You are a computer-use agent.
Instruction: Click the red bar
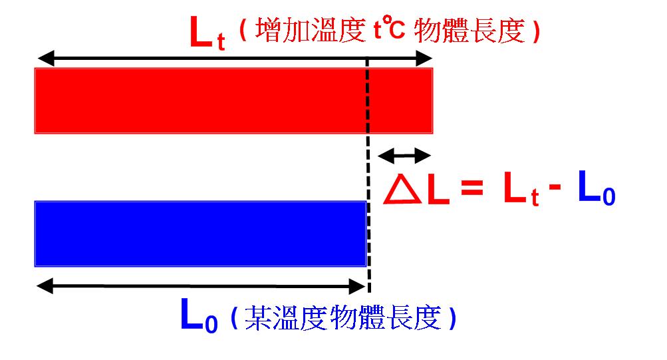pos(233,101)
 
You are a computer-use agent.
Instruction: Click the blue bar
pos(200,234)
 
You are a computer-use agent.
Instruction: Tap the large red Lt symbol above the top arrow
pos(207,33)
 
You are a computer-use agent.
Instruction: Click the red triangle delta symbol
pos(402,189)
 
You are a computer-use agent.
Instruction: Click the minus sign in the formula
pos(555,187)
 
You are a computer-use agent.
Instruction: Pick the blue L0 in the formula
pos(597,188)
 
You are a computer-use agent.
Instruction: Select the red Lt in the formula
pos(521,189)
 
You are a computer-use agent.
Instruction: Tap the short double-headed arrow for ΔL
pos(404,156)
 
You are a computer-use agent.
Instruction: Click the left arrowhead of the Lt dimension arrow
pos(46,59)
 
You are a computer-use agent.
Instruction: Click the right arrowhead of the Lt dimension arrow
pos(424,59)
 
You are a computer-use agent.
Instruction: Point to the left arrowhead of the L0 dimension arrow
pos(45,286)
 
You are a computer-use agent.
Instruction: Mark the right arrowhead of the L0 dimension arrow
pos(357,286)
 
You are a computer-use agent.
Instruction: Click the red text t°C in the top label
pos(389,28)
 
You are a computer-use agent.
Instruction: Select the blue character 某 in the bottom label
pos(258,317)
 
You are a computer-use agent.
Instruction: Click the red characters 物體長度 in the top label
pos(469,31)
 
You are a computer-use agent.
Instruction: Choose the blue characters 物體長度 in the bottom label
pos(386,317)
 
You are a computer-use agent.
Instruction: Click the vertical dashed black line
pos(368,175)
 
